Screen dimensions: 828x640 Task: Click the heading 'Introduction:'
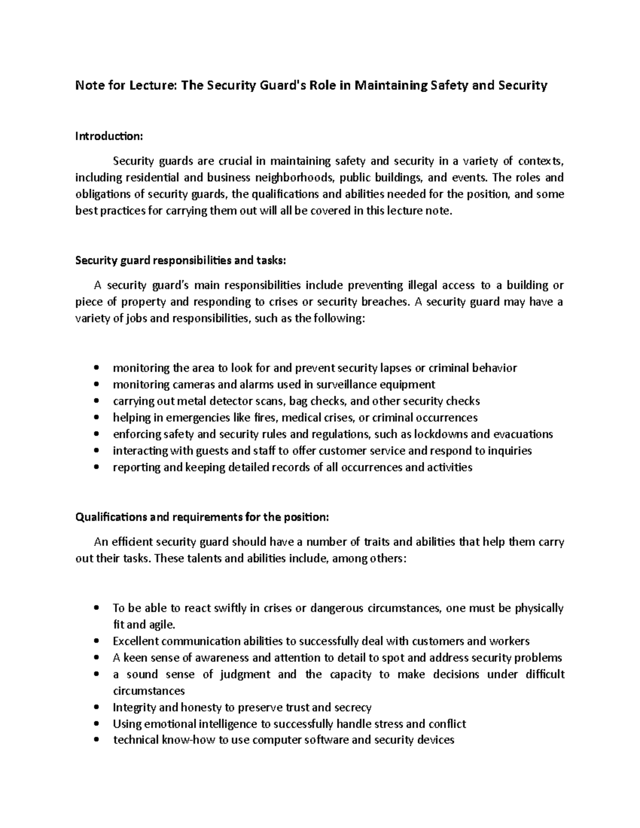click(x=109, y=136)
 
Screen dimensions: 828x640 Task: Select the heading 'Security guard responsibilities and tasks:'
click(x=181, y=261)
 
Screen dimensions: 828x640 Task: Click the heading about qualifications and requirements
click(x=202, y=517)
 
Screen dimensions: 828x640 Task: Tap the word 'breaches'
click(x=385, y=302)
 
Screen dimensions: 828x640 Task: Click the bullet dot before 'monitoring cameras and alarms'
click(x=96, y=384)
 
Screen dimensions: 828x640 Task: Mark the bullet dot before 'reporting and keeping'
click(x=96, y=468)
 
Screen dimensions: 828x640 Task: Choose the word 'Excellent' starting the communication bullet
click(x=136, y=641)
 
